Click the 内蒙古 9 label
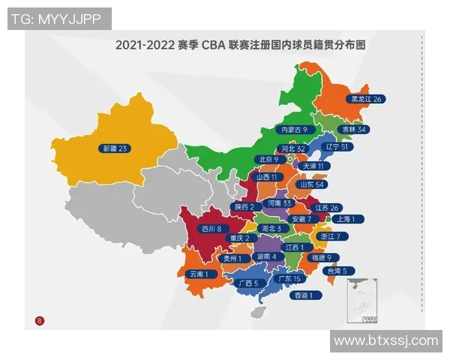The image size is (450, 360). (x=289, y=130)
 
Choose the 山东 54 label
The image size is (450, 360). (x=312, y=184)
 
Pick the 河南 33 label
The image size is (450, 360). (x=276, y=203)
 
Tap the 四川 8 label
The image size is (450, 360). (x=210, y=228)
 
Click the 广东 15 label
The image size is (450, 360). (x=289, y=278)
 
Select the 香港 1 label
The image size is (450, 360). (x=307, y=295)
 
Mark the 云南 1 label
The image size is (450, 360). (x=202, y=274)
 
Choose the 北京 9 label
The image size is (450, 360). (x=268, y=159)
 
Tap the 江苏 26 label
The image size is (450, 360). (x=327, y=207)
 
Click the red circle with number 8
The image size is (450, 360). (x=39, y=321)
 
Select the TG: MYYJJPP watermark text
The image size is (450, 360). (x=59, y=19)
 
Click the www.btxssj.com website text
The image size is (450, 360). (x=385, y=340)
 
